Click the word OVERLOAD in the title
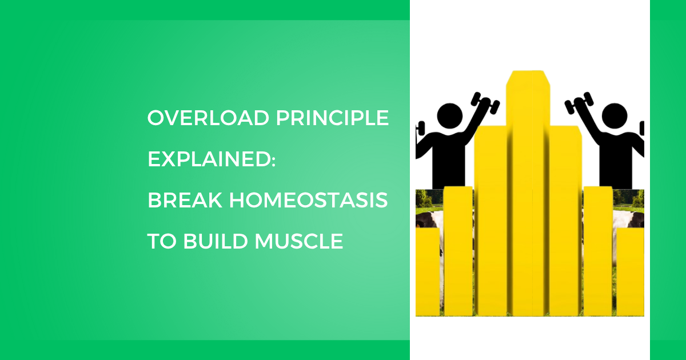208,118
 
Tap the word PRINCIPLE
333,118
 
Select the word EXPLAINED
209,159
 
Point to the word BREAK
185,200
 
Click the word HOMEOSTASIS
309,200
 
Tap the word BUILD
216,241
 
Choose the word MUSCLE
299,241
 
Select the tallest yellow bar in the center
528,193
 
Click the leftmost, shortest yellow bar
428,272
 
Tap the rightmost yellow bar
630,272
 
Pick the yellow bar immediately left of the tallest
490,221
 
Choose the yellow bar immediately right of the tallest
565,221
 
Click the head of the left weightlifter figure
449,116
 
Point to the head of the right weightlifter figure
615,116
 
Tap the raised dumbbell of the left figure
485,103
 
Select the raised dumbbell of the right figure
579,103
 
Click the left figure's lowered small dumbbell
420,128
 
